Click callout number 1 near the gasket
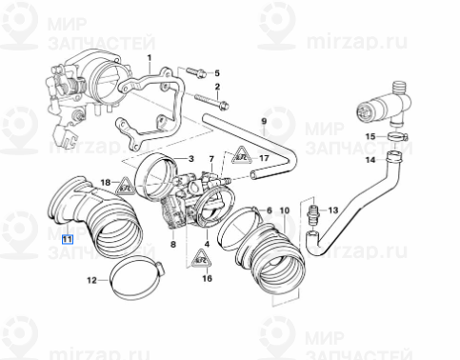149,58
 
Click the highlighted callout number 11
66,239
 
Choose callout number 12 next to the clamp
92,280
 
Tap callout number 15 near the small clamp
371,138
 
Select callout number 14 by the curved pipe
371,160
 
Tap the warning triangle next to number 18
122,188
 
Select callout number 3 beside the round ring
190,158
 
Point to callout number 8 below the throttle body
173,245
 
